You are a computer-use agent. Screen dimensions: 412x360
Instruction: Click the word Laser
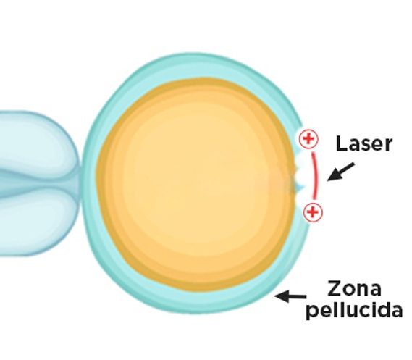click(x=364, y=143)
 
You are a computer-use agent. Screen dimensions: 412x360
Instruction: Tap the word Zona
click(x=354, y=288)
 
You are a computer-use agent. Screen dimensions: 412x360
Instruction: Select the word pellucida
click(x=355, y=311)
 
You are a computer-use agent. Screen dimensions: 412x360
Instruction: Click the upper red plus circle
click(x=308, y=138)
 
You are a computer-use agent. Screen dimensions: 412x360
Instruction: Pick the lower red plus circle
click(x=313, y=212)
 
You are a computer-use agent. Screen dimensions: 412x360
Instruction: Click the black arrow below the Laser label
click(x=341, y=172)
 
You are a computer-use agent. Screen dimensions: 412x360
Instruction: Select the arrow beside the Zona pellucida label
click(x=290, y=296)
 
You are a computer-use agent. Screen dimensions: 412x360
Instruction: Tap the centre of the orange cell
click(x=196, y=185)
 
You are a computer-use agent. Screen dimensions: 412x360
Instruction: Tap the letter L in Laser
click(x=341, y=143)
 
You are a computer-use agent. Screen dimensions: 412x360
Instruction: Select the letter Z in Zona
click(x=335, y=288)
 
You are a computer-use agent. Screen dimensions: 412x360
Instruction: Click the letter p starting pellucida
click(x=312, y=313)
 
